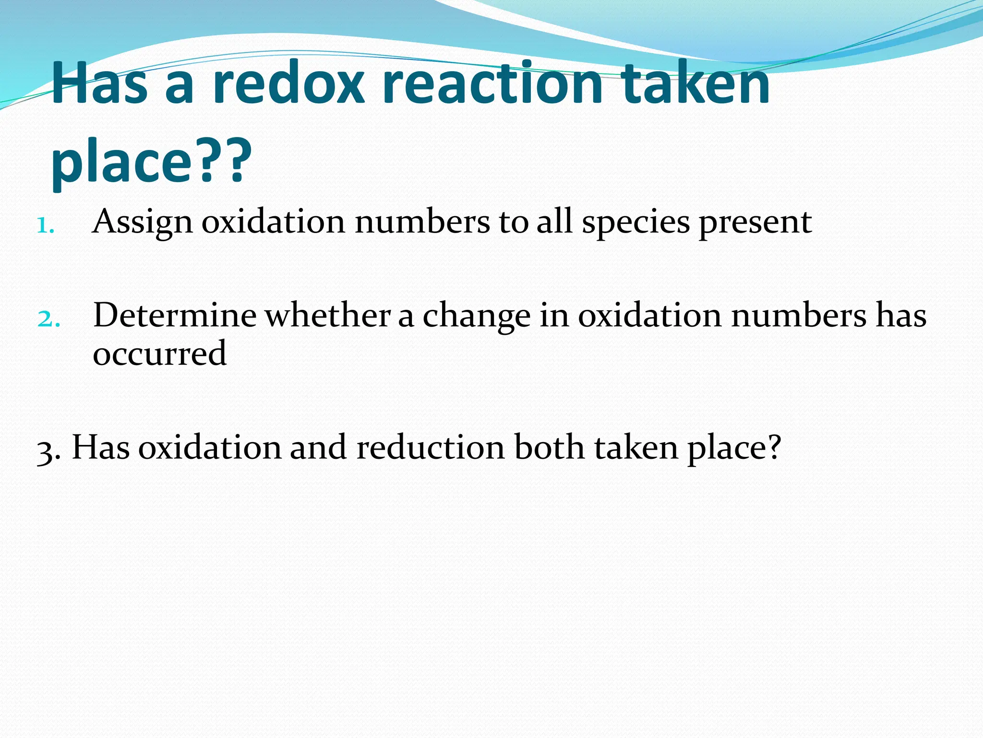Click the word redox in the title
coord(288,84)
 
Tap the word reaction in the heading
coord(492,84)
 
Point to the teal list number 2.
coord(48,319)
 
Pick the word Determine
coord(175,316)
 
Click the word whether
coord(328,316)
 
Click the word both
coord(550,447)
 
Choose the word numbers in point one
coord(422,222)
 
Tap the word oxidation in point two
coord(649,316)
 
